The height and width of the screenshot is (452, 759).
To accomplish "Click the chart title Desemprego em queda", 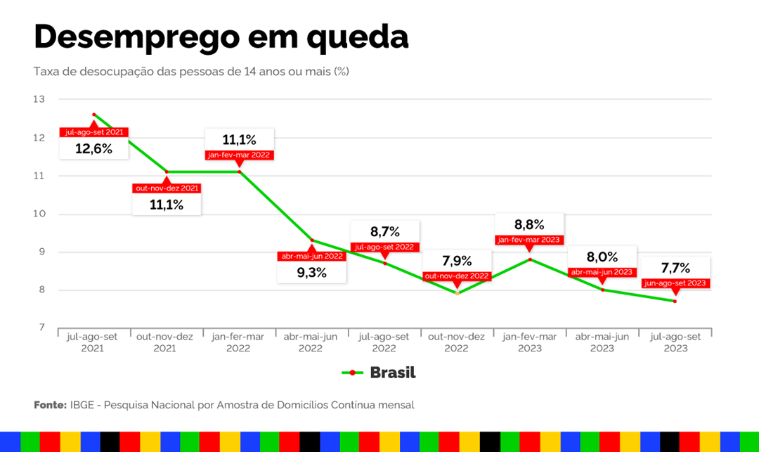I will (x=221, y=37).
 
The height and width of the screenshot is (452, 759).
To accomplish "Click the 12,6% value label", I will (x=94, y=149).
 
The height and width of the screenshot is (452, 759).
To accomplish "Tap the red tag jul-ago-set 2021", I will (x=94, y=132).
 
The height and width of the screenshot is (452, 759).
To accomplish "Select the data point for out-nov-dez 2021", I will (x=167, y=172).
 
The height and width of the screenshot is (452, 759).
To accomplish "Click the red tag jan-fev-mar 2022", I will (x=239, y=155).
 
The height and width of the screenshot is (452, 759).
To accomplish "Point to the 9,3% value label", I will (x=312, y=273).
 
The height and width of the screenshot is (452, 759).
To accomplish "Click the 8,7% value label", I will (x=384, y=231).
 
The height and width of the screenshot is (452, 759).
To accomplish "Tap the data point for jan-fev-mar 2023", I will (x=530, y=259).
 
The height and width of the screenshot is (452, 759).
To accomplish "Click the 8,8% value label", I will (x=529, y=225).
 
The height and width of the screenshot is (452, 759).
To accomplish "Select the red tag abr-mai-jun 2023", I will (x=602, y=272).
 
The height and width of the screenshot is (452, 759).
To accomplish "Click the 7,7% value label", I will (x=675, y=267).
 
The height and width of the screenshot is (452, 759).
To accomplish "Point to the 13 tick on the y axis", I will (x=39, y=100).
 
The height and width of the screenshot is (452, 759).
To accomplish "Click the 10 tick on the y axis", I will (x=39, y=214).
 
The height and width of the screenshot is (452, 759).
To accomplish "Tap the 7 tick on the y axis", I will (x=40, y=328).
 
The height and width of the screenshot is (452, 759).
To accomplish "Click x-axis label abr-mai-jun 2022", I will (x=311, y=342).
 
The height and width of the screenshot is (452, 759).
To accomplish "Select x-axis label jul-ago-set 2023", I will (x=675, y=342).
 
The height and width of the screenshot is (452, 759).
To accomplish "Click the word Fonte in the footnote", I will (x=49, y=406).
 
